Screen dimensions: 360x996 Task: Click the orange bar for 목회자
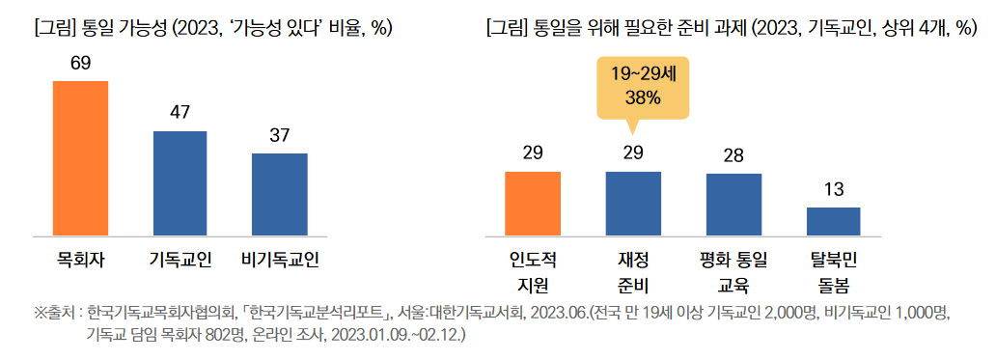pyautogui.click(x=80, y=157)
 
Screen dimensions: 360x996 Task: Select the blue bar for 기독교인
pyautogui.click(x=180, y=182)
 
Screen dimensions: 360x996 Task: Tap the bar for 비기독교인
pyautogui.click(x=279, y=193)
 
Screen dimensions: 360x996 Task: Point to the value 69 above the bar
pyautogui.click(x=80, y=63)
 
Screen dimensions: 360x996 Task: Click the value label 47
pyautogui.click(x=180, y=113)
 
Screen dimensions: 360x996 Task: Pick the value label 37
pyautogui.click(x=279, y=135)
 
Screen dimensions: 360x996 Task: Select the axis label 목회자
pyautogui.click(x=80, y=260)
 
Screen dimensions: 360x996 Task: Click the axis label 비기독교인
pyautogui.click(x=279, y=260)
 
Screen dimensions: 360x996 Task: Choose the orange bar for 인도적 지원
pyautogui.click(x=533, y=203)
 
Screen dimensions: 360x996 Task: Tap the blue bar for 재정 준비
pyautogui.click(x=633, y=203)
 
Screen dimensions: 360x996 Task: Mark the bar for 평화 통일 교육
pyautogui.click(x=733, y=204)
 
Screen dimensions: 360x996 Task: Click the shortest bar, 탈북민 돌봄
pyautogui.click(x=833, y=221)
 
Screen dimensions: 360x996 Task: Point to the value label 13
pyautogui.click(x=833, y=189)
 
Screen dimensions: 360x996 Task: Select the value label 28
pyautogui.click(x=733, y=155)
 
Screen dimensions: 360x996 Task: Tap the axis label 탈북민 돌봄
pyautogui.click(x=833, y=272)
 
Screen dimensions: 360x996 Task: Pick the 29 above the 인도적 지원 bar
pyautogui.click(x=533, y=153)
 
